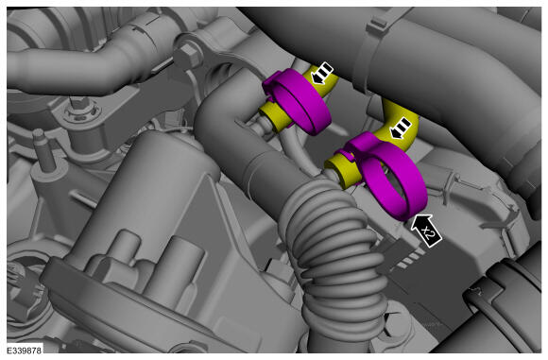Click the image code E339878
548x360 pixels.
(x=25, y=350)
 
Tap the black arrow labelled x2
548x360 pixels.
(x=426, y=231)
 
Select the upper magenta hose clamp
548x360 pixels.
(x=297, y=101)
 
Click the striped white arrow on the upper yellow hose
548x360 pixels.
(x=322, y=74)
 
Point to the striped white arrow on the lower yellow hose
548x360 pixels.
(x=401, y=128)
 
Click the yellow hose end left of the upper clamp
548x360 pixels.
(x=274, y=115)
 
